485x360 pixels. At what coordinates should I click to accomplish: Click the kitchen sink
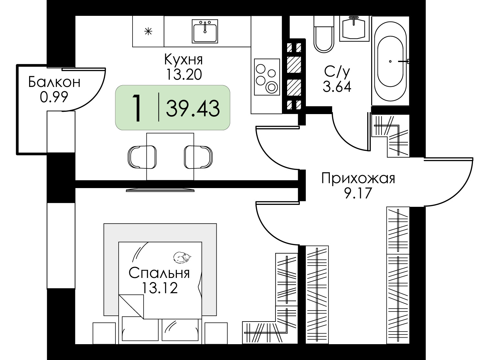pos(205,31)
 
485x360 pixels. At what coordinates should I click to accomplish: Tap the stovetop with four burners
pos(266,77)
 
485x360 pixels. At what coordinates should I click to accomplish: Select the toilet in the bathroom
pos(324,36)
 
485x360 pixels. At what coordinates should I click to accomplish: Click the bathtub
pos(390,61)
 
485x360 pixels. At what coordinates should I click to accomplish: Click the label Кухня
pos(183,60)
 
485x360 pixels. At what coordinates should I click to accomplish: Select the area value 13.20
pos(183,75)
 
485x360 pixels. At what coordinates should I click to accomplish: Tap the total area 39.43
pos(193,108)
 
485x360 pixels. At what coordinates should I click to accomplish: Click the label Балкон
pos(54,82)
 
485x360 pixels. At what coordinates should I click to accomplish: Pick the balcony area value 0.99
pos(54,97)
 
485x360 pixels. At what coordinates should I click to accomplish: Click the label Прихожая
pos(358,178)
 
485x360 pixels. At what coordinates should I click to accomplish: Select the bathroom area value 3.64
pos(337,87)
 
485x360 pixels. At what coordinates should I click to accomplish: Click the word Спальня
pos(159,273)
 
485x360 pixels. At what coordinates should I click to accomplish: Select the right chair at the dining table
pos(198,157)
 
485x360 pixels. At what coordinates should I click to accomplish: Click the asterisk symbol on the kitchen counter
pos(148,32)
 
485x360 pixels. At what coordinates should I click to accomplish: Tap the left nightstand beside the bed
pos(104,333)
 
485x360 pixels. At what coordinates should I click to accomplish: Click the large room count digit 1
pos(137,108)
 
